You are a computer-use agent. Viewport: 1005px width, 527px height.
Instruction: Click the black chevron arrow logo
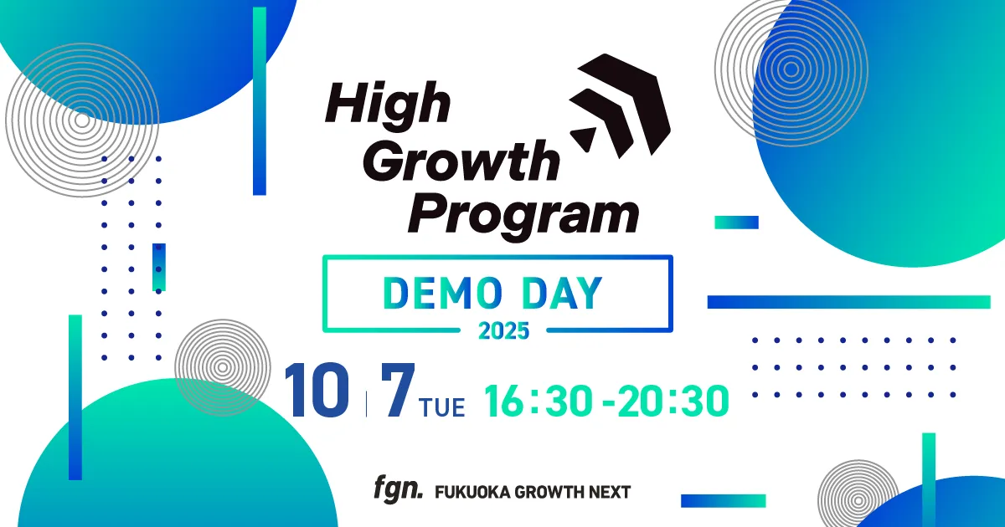[x=618, y=105]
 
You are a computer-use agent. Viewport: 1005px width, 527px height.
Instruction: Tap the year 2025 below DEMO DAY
[x=503, y=330]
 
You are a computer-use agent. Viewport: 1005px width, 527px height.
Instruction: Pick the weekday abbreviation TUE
[x=442, y=408]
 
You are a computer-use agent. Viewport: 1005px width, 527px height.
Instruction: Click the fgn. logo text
[x=398, y=490]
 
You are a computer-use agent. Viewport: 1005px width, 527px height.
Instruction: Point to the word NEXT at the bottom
[x=609, y=492]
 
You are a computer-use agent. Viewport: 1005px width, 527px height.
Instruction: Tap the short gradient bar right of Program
[x=736, y=223]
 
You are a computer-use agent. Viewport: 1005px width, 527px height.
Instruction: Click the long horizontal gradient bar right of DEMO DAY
[x=848, y=302]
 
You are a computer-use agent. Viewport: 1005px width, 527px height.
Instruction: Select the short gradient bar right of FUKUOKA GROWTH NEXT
[x=723, y=500]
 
